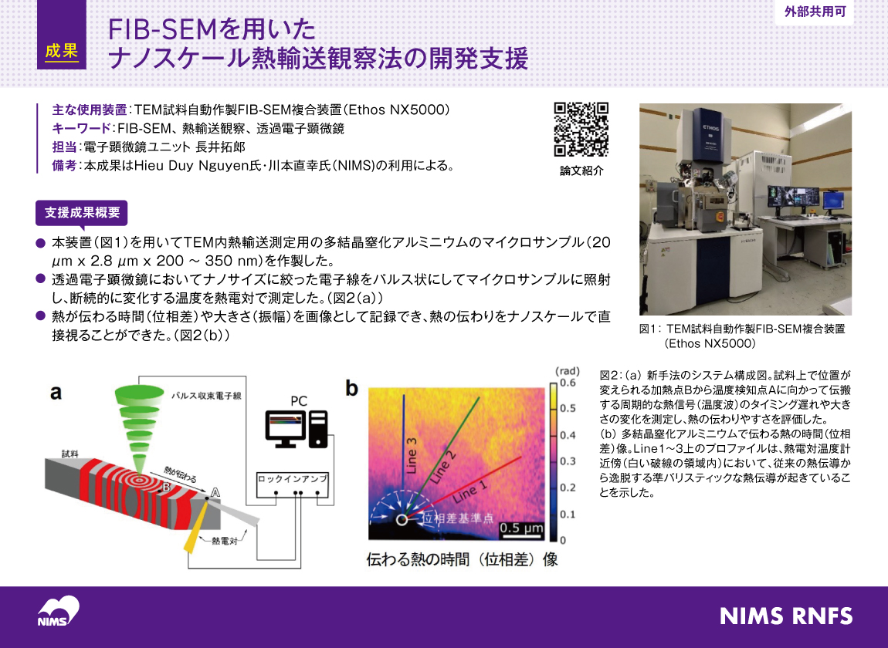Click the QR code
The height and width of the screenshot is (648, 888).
tap(581, 130)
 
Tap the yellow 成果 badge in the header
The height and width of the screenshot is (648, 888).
tap(62, 50)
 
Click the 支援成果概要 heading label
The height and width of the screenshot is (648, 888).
tap(82, 212)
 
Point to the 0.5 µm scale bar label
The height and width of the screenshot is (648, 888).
tap(521, 528)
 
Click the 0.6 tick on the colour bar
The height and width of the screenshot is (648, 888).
tap(568, 382)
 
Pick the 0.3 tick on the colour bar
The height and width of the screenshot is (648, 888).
tap(568, 461)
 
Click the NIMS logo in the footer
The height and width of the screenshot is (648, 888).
tap(59, 611)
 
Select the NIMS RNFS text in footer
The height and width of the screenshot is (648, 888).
tap(786, 616)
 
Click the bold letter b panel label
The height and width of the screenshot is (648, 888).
tap(352, 389)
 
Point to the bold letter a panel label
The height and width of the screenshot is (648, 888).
tap(56, 393)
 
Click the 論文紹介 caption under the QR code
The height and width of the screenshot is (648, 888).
tap(581, 171)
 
